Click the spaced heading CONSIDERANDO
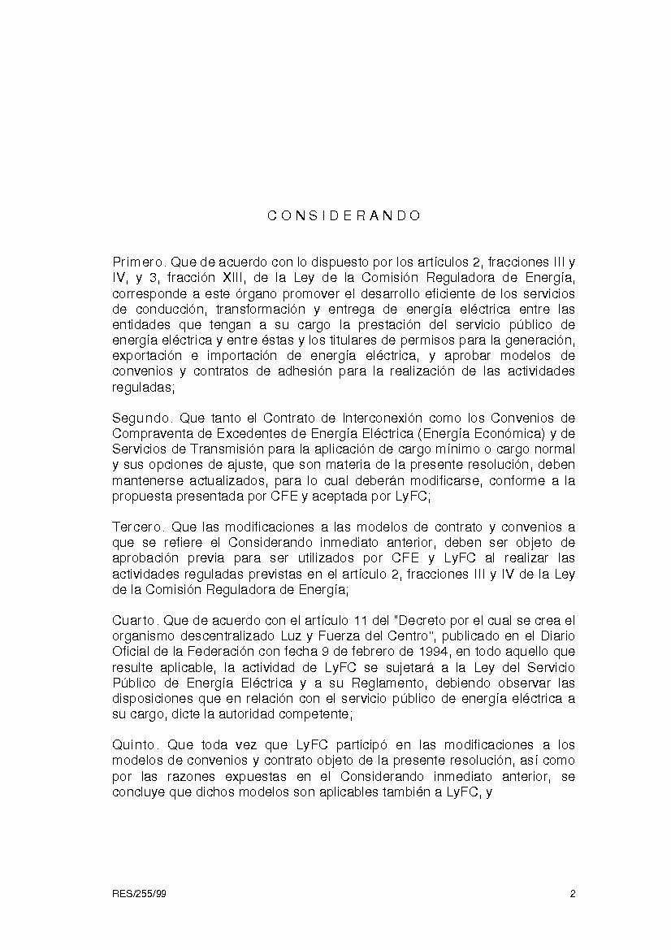point(344,216)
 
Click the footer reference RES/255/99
point(139,894)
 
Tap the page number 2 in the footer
point(573,894)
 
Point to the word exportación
point(145,356)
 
